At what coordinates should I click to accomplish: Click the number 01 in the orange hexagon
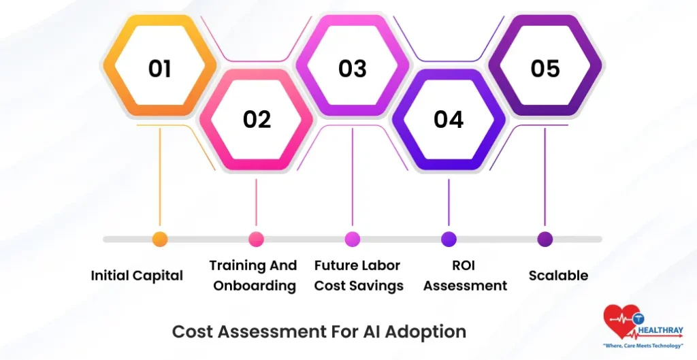click(x=159, y=68)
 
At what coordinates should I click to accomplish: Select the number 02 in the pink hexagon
click(x=257, y=119)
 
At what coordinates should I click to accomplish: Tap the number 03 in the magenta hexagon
click(x=353, y=68)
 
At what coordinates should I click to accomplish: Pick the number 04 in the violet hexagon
click(x=449, y=119)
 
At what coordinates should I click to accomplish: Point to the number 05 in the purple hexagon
click(x=545, y=68)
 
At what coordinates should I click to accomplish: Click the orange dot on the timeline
click(x=160, y=240)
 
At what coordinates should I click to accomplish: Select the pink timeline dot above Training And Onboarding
click(x=256, y=240)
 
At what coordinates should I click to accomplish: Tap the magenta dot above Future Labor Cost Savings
click(x=353, y=240)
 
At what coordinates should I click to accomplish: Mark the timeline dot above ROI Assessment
click(x=449, y=240)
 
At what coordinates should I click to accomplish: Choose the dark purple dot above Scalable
click(x=545, y=240)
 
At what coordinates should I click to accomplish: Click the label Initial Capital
click(x=137, y=276)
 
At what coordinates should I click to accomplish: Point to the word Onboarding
click(x=255, y=286)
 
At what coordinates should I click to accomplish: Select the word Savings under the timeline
click(x=378, y=286)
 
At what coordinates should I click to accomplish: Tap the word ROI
click(x=465, y=265)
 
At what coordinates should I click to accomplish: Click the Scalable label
click(x=558, y=276)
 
